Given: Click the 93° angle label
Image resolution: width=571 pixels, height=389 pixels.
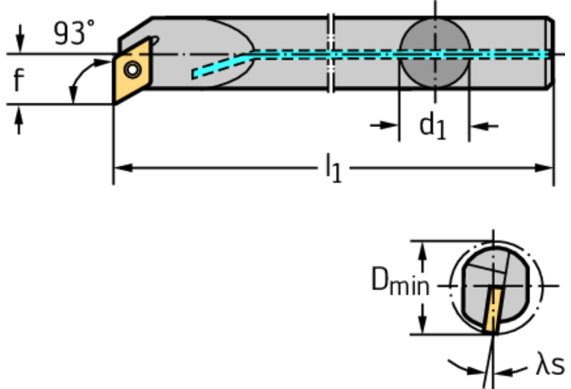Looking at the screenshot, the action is coord(74,33).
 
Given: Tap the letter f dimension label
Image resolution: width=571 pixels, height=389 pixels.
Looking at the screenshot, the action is coord(19,79).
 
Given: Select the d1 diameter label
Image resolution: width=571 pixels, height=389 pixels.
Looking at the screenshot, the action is coord(433,125).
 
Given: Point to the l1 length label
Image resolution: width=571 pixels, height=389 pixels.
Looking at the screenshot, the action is coord(334,168).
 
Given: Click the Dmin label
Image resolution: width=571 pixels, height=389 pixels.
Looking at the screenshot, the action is coord(401,280).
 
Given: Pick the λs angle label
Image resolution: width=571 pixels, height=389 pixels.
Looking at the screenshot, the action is coord(550,364).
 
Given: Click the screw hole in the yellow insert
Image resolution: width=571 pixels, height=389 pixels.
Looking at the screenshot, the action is coord(133,69).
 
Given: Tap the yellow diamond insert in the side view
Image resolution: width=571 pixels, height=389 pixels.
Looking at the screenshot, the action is coord(132,71).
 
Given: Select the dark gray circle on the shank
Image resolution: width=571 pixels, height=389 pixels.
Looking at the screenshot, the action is coord(435,53).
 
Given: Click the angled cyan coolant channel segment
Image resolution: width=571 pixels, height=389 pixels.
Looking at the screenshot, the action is coord(220,65).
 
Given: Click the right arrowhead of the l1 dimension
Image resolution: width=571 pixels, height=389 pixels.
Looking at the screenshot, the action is coord(544,168).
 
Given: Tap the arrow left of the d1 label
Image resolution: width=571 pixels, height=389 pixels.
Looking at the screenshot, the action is coord(384,126).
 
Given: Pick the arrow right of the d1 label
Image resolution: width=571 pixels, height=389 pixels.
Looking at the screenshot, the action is coord(484,126).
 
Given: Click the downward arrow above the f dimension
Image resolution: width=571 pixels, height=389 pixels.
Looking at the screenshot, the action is coord(20,38).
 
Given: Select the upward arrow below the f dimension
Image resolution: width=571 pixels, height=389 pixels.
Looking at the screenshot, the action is coord(19,120).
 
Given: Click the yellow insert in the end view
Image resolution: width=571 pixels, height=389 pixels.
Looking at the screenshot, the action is coord(493,309).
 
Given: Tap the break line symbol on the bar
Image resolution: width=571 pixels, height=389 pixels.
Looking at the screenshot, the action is coord(331,53).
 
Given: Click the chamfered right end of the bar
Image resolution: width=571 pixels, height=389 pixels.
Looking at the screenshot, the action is coord(550,53).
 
